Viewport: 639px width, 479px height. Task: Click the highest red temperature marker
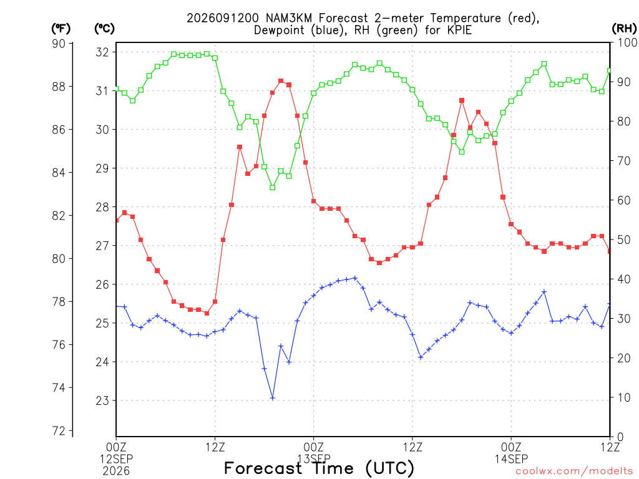(x=281, y=81)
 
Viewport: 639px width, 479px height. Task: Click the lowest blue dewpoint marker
(x=273, y=398)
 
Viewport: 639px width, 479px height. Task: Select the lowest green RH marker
(x=273, y=187)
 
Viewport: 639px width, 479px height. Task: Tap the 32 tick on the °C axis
(x=103, y=52)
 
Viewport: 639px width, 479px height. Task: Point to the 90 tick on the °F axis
(x=59, y=44)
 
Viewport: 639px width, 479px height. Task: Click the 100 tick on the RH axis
(x=628, y=42)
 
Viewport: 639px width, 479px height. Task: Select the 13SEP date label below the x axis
(x=314, y=459)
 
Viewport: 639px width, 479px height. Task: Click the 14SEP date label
(x=511, y=459)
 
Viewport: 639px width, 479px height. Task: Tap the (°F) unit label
(x=61, y=29)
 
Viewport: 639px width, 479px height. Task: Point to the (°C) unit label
(x=104, y=29)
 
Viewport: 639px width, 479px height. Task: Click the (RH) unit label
(x=624, y=29)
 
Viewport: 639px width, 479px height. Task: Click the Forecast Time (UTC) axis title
(x=319, y=468)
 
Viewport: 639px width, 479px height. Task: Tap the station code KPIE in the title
(x=459, y=30)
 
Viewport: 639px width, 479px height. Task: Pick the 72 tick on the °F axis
(x=59, y=431)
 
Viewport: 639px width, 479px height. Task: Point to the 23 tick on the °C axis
(x=103, y=400)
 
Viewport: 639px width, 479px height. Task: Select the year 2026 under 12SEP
(x=116, y=472)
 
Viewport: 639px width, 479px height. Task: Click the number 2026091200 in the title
(x=223, y=18)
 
